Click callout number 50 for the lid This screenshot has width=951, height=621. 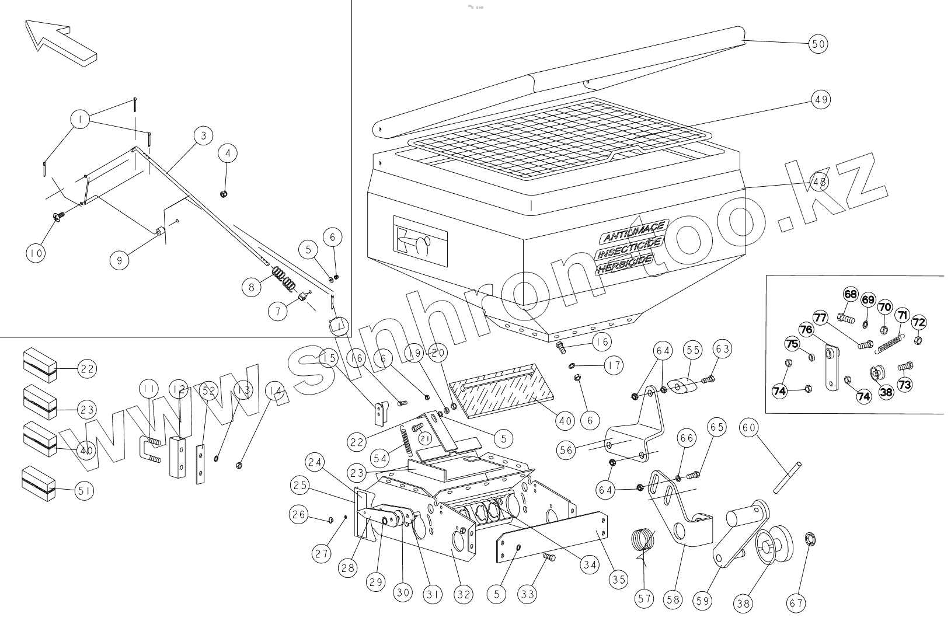click(818, 44)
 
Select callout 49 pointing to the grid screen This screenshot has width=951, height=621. click(820, 100)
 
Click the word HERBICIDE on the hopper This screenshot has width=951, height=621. click(623, 265)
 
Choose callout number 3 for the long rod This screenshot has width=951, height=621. click(203, 137)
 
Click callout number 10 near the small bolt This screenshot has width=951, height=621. click(36, 253)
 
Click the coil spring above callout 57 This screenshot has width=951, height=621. click(644, 539)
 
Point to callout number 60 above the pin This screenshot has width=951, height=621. click(749, 428)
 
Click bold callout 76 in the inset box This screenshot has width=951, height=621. click(806, 330)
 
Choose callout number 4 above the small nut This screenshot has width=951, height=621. click(228, 154)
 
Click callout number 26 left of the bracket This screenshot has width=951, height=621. click(299, 514)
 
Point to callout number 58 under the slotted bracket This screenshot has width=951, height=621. click(672, 599)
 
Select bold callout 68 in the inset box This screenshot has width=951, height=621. click(851, 294)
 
